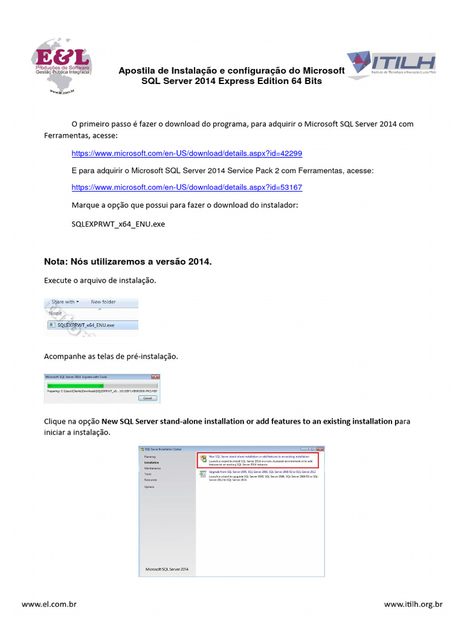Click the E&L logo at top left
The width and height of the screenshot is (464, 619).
pos(61,65)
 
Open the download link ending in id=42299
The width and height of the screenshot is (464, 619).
pos(187,154)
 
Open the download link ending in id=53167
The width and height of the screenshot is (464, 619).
pos(187,187)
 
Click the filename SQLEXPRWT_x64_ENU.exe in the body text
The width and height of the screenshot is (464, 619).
pos(118,224)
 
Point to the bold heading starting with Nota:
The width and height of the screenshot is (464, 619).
pos(128,262)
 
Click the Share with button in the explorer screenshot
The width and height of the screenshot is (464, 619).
pos(65,302)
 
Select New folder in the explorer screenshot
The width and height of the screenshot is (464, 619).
pos(103,302)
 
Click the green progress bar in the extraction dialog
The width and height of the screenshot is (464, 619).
pos(76,385)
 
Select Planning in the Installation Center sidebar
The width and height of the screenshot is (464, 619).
pos(150,456)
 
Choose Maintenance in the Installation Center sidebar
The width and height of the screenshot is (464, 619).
pos(152,468)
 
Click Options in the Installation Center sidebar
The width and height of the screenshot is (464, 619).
pos(149,487)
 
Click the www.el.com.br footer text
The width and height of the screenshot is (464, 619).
pos(49,604)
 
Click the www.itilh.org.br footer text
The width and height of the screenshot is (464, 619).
pos(413,604)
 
